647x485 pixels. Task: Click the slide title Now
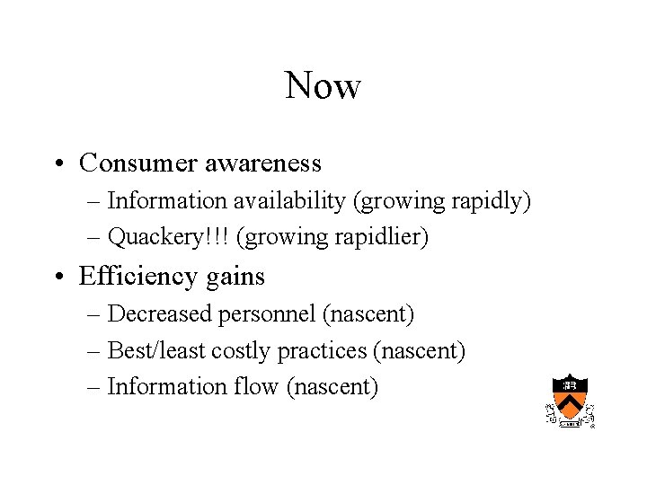pos(323,86)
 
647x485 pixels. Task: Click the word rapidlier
pos(383,237)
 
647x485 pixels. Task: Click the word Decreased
pos(154,314)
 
